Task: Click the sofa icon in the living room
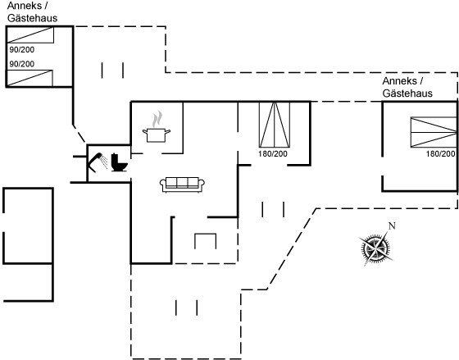(x=182, y=185)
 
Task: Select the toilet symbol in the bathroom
(x=119, y=162)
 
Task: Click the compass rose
(x=375, y=248)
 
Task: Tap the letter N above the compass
(x=392, y=226)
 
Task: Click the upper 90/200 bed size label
(x=22, y=50)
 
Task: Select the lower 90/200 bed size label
(x=22, y=64)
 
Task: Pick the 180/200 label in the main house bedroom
(x=273, y=154)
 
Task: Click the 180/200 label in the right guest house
(x=441, y=154)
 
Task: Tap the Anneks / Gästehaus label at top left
(x=32, y=11)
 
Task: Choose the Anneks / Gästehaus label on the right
(x=407, y=87)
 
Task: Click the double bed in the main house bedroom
(x=275, y=125)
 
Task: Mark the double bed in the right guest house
(x=434, y=132)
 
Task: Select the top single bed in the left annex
(x=30, y=35)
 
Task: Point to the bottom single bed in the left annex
(x=30, y=78)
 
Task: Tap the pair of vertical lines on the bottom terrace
(x=187, y=308)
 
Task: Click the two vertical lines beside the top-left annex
(x=112, y=71)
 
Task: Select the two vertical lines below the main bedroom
(x=273, y=209)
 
